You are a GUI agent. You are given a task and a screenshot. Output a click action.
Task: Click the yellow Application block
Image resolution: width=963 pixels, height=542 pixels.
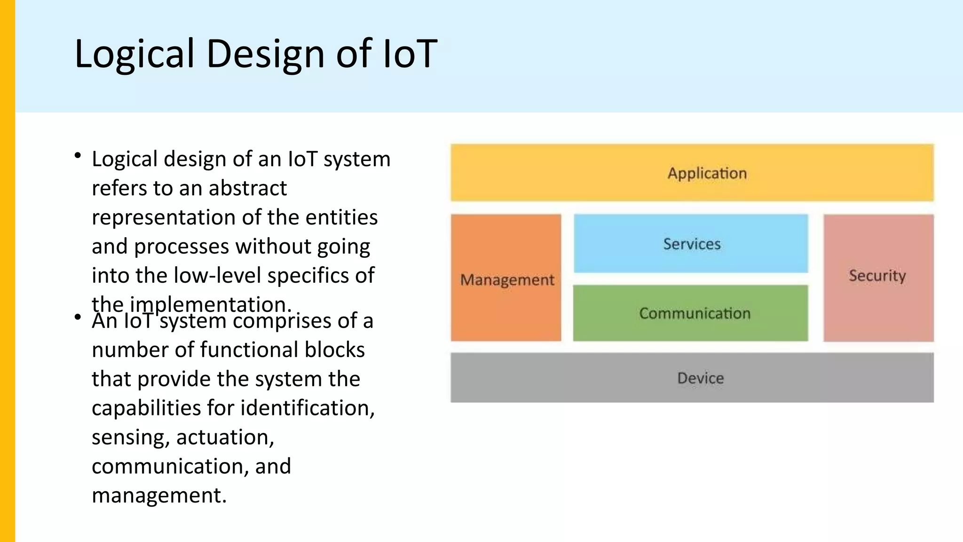pos(692,173)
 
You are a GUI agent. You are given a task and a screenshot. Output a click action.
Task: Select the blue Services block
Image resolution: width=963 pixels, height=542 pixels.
pos(691,244)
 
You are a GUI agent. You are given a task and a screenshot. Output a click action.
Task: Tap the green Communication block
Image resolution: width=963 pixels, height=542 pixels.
pos(690,313)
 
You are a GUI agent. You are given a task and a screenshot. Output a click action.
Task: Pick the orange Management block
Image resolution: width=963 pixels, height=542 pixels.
pos(506,279)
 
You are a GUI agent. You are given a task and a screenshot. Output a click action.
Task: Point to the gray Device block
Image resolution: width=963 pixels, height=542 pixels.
pos(692,378)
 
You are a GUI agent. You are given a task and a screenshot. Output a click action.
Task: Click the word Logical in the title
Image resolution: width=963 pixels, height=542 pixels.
pos(134,54)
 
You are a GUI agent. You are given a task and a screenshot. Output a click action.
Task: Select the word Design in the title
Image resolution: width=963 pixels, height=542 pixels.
pos(266,54)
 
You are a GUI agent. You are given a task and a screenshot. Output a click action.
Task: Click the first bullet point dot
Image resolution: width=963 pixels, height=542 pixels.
pos(78,156)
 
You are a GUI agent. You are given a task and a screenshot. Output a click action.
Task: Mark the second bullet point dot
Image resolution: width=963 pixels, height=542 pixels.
pos(78,318)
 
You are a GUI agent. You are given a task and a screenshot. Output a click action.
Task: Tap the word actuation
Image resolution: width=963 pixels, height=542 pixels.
pos(225,438)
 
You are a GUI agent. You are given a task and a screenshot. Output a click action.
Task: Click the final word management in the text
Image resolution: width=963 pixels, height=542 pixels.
pos(159,495)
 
